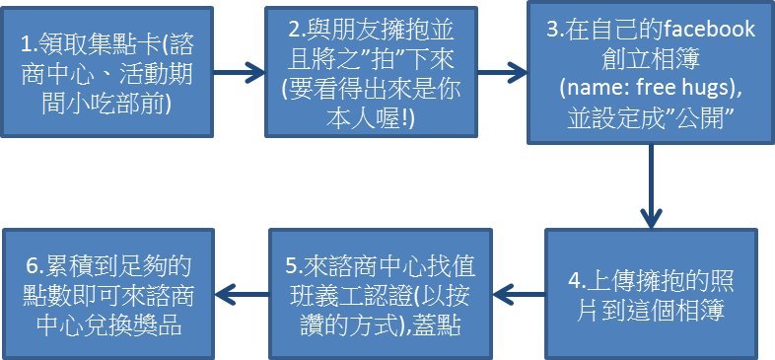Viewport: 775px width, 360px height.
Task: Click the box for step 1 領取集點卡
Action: [106, 72]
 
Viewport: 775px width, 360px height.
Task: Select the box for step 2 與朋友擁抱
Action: [371, 72]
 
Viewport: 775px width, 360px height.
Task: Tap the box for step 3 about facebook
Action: [651, 73]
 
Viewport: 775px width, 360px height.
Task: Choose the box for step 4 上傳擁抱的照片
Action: [652, 294]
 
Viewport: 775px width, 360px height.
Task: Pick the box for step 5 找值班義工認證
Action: [380, 294]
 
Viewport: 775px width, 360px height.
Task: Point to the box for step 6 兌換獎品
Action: [108, 294]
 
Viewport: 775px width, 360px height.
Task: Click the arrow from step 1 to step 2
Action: [240, 73]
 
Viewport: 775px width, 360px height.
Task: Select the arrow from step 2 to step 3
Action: [502, 73]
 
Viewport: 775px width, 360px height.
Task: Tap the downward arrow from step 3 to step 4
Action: [651, 186]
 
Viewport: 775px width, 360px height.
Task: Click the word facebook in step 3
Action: [709, 30]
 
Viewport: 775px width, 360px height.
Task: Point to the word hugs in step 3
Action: [705, 90]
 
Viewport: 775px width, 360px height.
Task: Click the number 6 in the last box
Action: [31, 267]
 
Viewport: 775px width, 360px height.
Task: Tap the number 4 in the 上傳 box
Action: [574, 282]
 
